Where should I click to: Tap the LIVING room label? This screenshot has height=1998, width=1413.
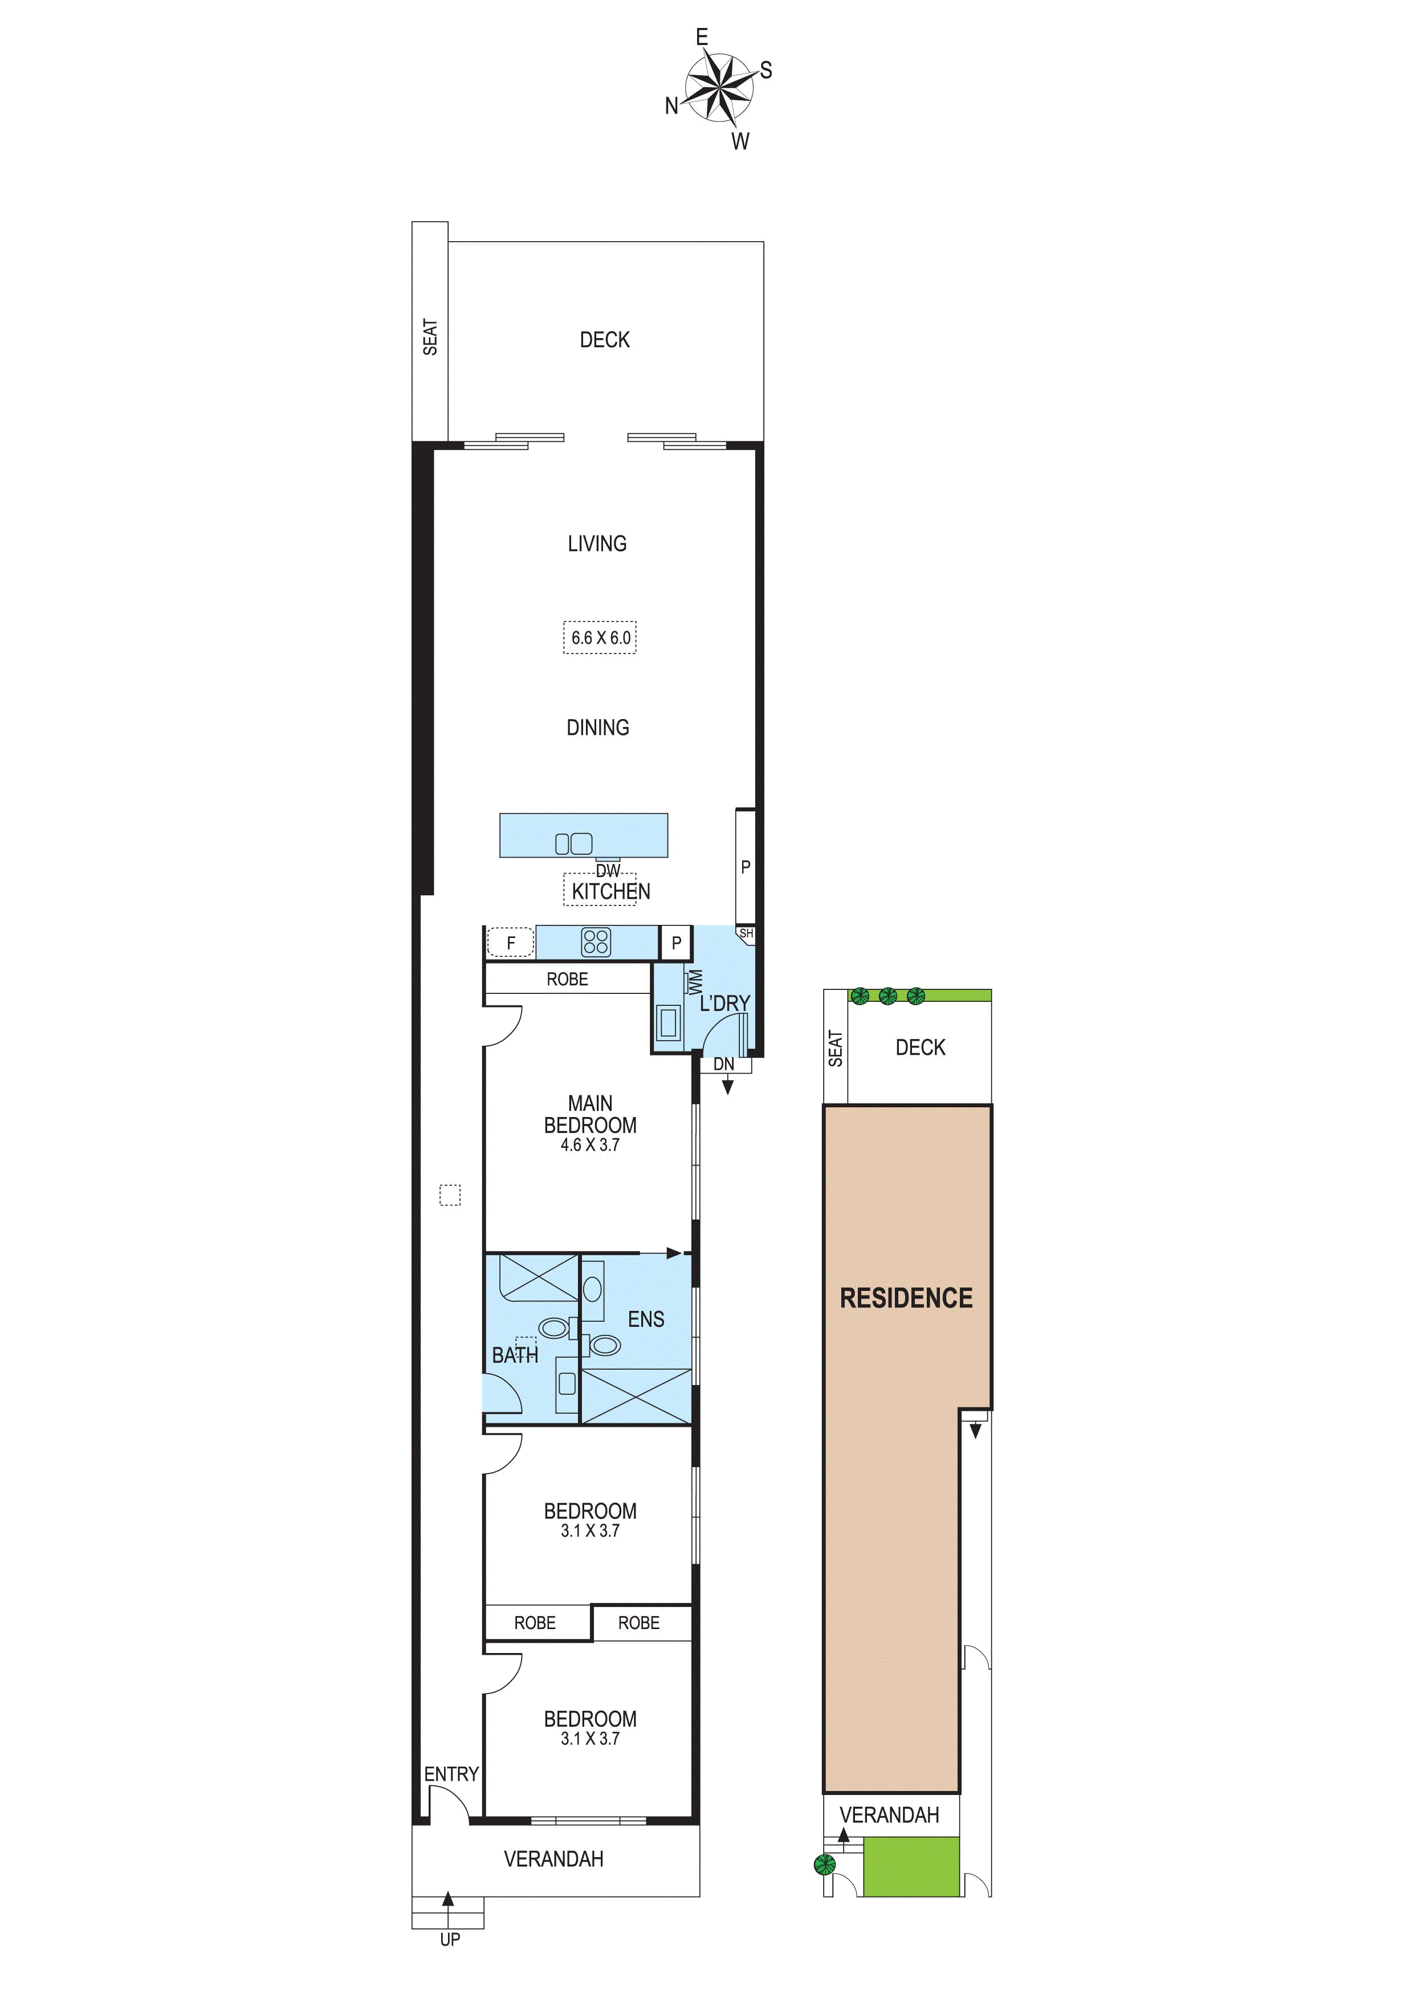click(597, 544)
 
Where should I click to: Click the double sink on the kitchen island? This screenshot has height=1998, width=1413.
click(573, 843)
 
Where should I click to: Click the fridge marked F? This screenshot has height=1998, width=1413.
click(511, 943)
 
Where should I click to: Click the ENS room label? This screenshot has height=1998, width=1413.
click(646, 1319)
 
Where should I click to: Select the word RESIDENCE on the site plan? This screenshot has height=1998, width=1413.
click(906, 1298)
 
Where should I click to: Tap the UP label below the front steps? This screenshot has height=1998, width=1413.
click(450, 1940)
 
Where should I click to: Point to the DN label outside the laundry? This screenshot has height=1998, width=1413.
click(723, 1064)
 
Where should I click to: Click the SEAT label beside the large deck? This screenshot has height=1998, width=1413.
click(430, 337)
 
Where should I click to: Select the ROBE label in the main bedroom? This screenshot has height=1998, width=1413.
click(567, 979)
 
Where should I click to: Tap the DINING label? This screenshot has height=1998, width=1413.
click(598, 728)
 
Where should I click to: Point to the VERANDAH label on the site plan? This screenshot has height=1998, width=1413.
click(889, 1816)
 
